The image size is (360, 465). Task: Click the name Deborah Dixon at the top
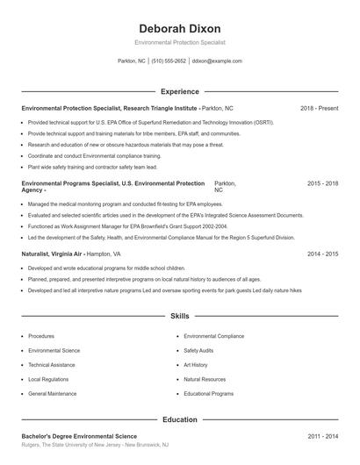(x=180, y=28)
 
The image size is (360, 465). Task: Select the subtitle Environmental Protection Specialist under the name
(x=180, y=42)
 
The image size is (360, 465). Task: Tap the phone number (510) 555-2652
(x=169, y=61)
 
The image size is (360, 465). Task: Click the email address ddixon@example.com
(x=217, y=61)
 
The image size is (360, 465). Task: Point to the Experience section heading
(x=180, y=91)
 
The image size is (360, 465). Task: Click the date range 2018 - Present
(x=319, y=108)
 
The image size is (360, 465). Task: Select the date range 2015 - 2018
(x=322, y=184)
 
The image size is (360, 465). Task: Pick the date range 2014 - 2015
(x=322, y=254)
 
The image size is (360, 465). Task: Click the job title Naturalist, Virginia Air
(x=51, y=254)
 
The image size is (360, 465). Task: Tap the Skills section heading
(x=180, y=316)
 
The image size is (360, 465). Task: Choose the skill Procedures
(x=41, y=336)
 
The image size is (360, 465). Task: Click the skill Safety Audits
(x=198, y=350)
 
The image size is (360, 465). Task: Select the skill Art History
(x=196, y=365)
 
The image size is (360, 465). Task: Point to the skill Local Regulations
(x=48, y=380)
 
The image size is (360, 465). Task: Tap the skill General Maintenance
(x=52, y=394)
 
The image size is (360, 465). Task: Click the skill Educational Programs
(x=208, y=394)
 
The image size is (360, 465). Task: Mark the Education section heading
(x=180, y=419)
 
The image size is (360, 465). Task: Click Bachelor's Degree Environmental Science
(x=79, y=436)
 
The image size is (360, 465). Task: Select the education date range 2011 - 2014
(x=322, y=436)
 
